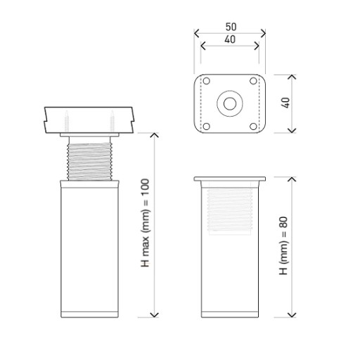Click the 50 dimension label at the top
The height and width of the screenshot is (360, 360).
point(231,27)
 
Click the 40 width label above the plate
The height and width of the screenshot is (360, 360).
point(230,39)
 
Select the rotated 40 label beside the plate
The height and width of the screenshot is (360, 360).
point(285,103)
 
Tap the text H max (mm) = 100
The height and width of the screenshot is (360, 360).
point(145,223)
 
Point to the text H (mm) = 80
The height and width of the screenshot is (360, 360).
point(283,245)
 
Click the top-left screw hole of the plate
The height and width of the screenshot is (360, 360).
point(206,81)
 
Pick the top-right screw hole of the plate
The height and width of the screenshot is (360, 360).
point(253,81)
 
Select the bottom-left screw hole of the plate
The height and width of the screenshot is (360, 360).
point(206,127)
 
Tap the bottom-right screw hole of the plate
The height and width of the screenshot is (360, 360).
point(253,127)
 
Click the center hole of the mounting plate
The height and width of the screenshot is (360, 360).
point(230,103)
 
